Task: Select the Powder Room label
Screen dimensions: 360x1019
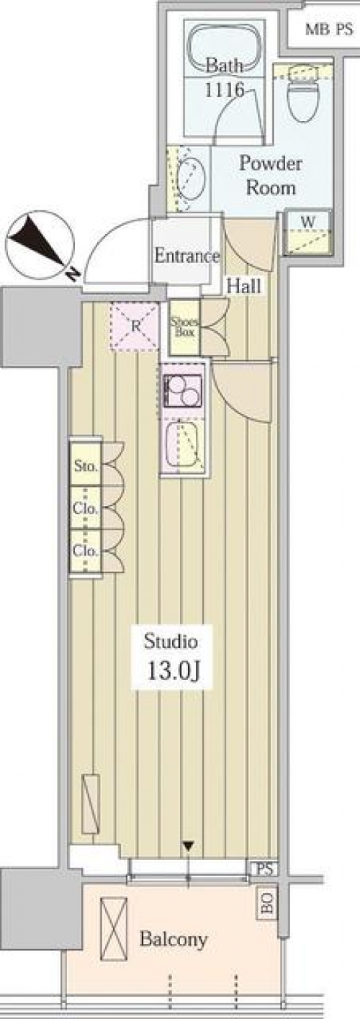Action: [x=271, y=175]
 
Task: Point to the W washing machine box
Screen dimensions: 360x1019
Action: [x=307, y=232]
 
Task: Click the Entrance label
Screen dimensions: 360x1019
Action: [x=186, y=256]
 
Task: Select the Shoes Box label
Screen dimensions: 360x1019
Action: [x=184, y=327]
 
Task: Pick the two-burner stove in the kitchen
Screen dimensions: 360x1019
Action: [x=183, y=391]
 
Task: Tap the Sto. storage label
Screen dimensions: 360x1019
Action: [x=86, y=466]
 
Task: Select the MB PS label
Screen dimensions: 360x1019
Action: [x=329, y=30]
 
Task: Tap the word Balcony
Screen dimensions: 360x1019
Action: [x=174, y=939]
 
